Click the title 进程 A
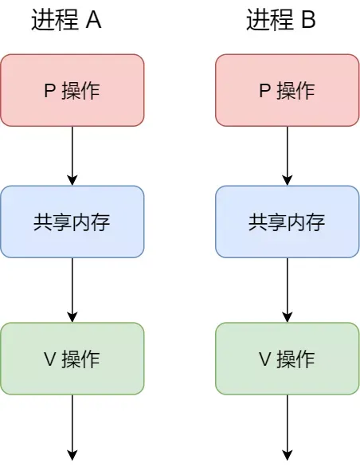click(x=66, y=21)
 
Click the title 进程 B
click(x=281, y=21)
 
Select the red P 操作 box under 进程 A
click(x=72, y=90)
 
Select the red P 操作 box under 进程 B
click(x=288, y=90)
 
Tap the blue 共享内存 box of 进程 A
click(x=72, y=222)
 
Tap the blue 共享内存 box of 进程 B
click(x=288, y=222)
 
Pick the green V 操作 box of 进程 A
click(x=72, y=359)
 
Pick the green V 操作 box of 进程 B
click(x=288, y=359)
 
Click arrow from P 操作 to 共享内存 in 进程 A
click(x=72, y=155)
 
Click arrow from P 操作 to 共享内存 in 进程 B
click(x=288, y=155)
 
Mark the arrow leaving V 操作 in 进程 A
click(x=72, y=426)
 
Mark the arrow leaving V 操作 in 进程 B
click(x=288, y=426)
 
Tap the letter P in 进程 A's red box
click(x=49, y=91)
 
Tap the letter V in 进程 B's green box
click(x=265, y=359)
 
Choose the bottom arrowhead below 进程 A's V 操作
click(x=72, y=455)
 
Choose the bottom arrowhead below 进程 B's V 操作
click(x=288, y=455)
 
